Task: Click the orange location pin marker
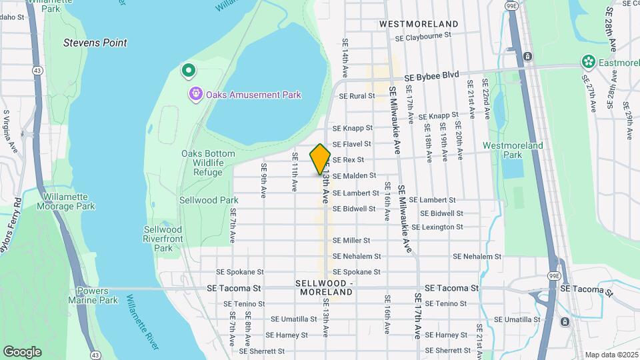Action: click(x=320, y=159)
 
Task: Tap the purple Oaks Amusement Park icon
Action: click(x=195, y=94)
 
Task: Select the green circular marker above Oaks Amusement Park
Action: click(x=189, y=69)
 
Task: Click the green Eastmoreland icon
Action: click(x=588, y=62)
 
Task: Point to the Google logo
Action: click(x=22, y=351)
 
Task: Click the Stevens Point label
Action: click(x=95, y=43)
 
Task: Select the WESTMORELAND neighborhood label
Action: click(x=419, y=23)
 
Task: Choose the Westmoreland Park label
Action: click(x=513, y=150)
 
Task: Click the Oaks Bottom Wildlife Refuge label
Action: click(x=208, y=163)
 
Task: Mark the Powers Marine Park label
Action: click(x=97, y=295)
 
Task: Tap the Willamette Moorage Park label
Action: click(x=69, y=202)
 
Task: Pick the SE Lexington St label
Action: click(x=437, y=227)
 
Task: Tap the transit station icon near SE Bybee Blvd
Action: click(x=527, y=57)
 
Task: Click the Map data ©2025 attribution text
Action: click(x=611, y=355)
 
